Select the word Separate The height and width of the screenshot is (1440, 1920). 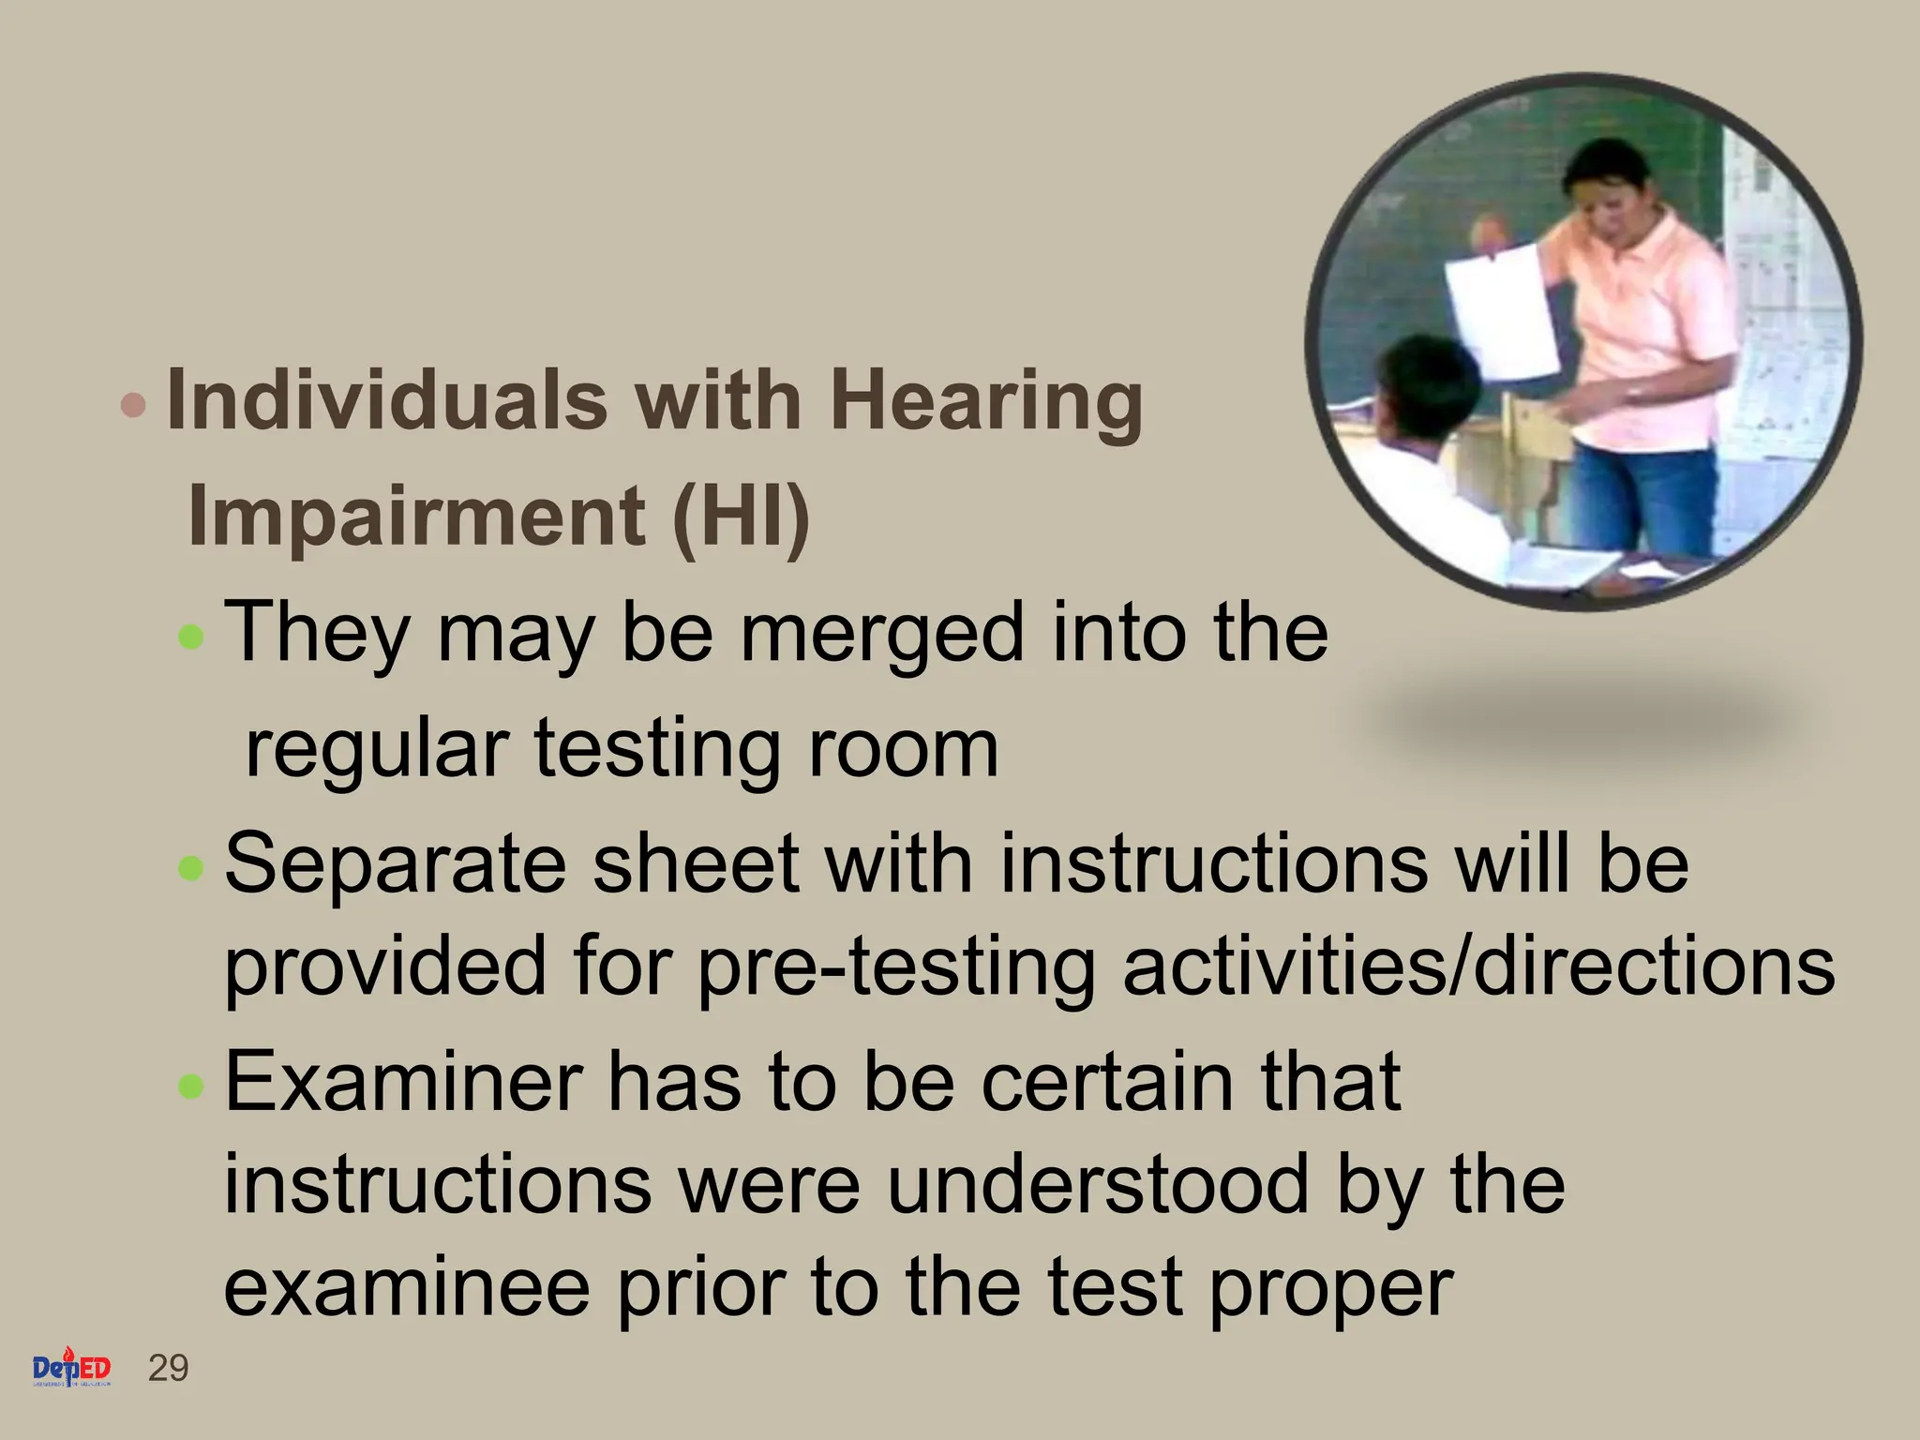[395, 864]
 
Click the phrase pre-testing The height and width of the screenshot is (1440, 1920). [896, 967]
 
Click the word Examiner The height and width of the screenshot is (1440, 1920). [404, 1081]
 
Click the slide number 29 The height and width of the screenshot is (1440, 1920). [169, 1369]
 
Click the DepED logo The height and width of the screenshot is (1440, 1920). [72, 1371]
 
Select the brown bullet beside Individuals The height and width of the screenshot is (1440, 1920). [135, 405]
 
